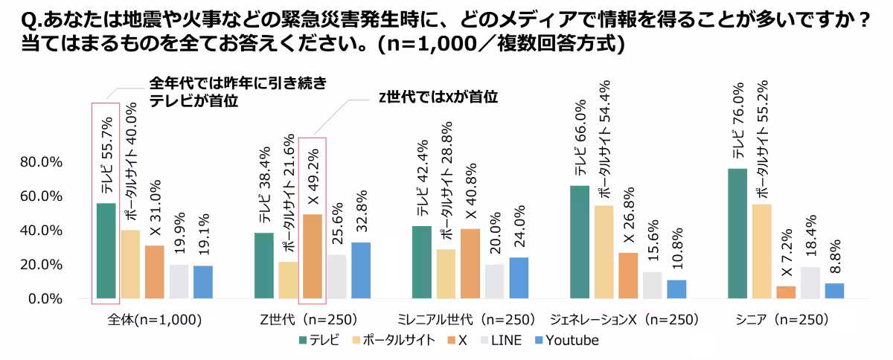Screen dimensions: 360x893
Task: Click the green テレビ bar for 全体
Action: pyautogui.click(x=106, y=251)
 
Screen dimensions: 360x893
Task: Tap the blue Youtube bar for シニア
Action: pyautogui.click(x=835, y=291)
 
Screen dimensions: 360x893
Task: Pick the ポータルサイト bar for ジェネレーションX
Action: pyautogui.click(x=604, y=252)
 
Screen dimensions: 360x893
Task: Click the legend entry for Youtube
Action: pyautogui.click(x=565, y=341)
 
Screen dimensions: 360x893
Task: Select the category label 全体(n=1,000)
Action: pyautogui.click(x=155, y=321)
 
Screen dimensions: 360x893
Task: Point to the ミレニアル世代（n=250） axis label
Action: pyautogui.click(x=471, y=321)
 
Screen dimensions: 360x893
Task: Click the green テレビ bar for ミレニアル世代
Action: pyautogui.click(x=422, y=262)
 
